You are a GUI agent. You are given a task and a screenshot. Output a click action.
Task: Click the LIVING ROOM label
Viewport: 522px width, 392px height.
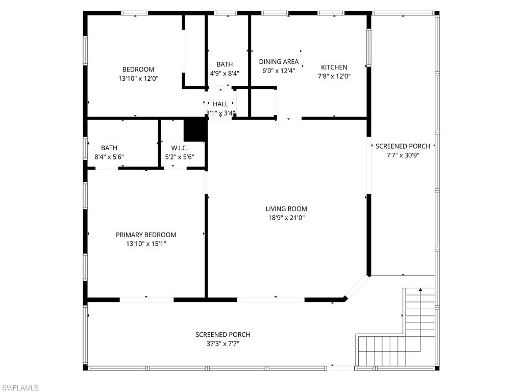click(286, 209)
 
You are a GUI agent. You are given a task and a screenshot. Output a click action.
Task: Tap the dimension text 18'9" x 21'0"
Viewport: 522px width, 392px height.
click(286, 218)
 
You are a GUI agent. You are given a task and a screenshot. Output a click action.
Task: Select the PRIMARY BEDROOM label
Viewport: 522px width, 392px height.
click(146, 235)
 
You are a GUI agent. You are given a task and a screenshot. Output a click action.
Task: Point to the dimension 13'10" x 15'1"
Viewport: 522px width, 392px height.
click(146, 244)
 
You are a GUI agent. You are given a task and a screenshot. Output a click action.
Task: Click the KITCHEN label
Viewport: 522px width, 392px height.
click(334, 67)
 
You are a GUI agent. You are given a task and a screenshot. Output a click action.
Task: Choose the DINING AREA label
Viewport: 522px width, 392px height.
click(279, 62)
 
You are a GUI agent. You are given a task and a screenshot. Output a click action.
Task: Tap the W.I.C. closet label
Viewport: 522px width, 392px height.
click(180, 148)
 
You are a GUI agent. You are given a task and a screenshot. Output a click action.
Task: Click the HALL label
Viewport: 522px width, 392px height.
click(220, 104)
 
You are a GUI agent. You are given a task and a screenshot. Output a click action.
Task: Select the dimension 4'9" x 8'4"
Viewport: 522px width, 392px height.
click(225, 73)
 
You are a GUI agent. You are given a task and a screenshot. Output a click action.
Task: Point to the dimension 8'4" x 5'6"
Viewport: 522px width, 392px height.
click(109, 157)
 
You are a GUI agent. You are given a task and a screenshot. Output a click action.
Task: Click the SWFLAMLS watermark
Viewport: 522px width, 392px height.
click(20, 388)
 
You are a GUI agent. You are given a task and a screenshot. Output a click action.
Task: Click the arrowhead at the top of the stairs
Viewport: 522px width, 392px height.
click(420, 290)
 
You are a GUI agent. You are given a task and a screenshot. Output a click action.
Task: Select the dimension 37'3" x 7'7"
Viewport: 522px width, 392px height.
click(222, 343)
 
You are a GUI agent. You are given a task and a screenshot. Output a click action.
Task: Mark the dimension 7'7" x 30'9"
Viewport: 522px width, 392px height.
click(403, 155)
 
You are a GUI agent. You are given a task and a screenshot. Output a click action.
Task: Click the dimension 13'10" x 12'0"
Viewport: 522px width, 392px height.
click(138, 79)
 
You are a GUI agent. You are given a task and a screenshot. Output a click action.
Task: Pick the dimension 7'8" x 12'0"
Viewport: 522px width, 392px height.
click(334, 76)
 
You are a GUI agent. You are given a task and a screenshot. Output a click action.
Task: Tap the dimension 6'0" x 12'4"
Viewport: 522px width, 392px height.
click(279, 71)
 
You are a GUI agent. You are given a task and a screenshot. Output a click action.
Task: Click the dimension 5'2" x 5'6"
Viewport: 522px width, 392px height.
click(180, 157)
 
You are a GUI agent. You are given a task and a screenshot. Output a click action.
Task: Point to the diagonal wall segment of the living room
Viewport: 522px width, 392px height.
click(357, 287)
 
